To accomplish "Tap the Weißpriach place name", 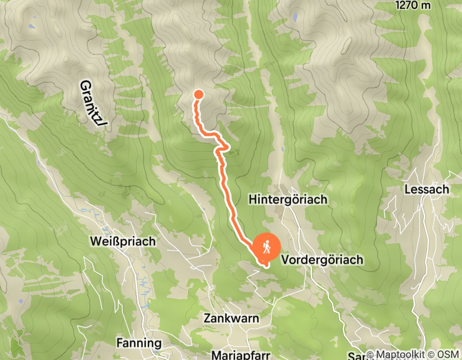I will click(x=122, y=241).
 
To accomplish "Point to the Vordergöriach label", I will click(x=323, y=260).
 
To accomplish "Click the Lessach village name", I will click(x=427, y=189).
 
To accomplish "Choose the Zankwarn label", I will click(x=231, y=318).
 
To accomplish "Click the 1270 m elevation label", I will click(x=413, y=5).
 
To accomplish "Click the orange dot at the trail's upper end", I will click(x=198, y=94).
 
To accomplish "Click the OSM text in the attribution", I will click(x=449, y=354).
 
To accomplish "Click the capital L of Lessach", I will click(x=407, y=189).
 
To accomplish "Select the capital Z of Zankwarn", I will click(x=207, y=318).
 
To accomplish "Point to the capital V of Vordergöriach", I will click(x=286, y=260).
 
